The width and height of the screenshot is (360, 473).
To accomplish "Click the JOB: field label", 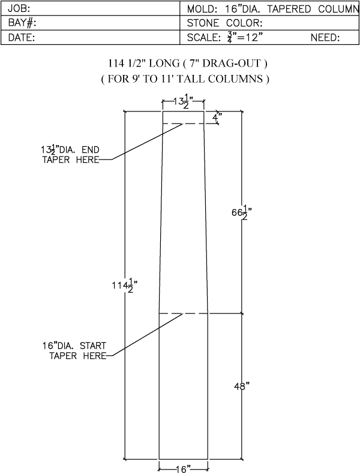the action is tap(19, 8).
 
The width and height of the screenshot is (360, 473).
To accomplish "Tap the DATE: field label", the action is tap(22, 37).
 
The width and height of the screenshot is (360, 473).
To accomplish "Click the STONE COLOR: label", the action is tap(224, 23).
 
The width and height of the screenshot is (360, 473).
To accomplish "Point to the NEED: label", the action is tap(325, 37).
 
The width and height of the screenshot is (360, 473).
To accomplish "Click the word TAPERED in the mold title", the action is tap(289, 9).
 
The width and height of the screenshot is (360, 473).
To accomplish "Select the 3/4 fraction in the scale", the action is tap(230, 37).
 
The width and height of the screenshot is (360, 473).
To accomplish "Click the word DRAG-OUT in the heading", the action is tap(232, 64).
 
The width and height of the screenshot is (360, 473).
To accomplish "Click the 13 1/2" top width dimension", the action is tap(184, 101).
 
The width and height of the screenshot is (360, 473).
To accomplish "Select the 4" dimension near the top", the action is tap(217, 117).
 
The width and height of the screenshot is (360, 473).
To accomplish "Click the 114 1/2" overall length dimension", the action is tap(125, 285).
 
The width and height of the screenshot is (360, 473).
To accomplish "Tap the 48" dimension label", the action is tap(242, 386).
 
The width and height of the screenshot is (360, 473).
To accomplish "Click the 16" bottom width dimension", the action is tap(184, 469).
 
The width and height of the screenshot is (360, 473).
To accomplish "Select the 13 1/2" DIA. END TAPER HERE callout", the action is tap(70, 154).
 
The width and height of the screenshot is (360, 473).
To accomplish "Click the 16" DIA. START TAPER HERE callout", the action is tap(74, 351).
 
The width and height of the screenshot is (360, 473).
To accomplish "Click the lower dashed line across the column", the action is tap(184, 314).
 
